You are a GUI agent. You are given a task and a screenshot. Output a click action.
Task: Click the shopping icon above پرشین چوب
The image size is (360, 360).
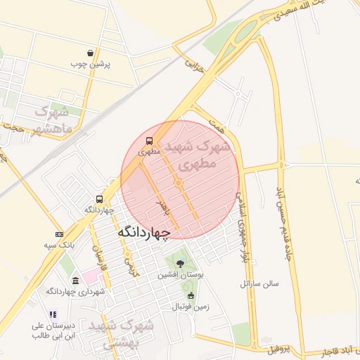[91, 53]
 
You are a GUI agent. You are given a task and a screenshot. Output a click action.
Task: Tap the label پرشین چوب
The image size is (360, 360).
[91, 64]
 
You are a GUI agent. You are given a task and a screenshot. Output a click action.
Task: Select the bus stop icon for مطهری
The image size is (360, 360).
[149, 140]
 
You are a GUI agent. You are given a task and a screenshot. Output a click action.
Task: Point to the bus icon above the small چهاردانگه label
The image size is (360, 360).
[99, 199]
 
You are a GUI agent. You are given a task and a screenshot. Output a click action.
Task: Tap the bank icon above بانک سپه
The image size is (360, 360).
[58, 234]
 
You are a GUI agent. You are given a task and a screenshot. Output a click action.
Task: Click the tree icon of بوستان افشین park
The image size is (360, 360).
[181, 264]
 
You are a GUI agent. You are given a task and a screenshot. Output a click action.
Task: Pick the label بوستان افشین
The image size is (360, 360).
[181, 275]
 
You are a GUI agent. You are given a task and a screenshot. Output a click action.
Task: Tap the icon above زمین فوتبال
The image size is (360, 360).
[191, 295]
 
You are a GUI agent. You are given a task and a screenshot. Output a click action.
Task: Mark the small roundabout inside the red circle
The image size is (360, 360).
[179, 184]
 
